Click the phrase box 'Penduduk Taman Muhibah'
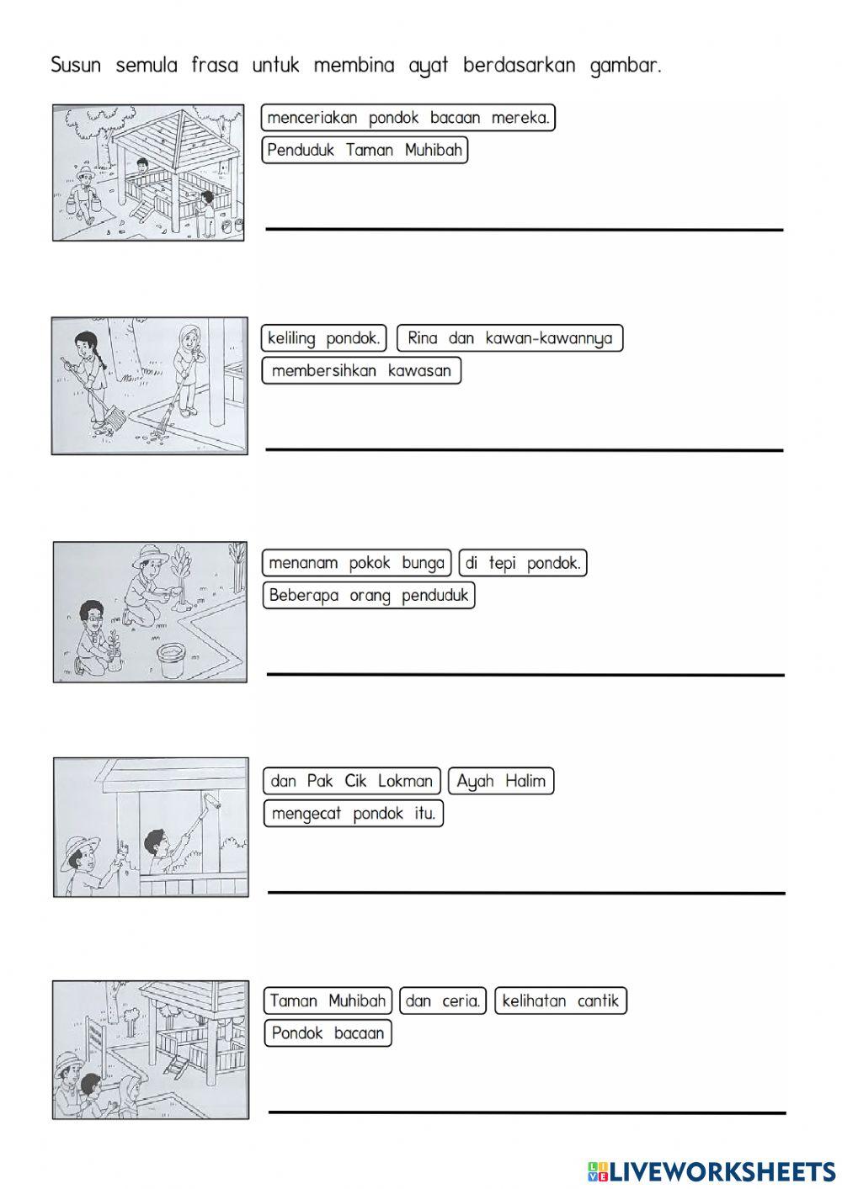point(365,151)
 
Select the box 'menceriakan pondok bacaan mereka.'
point(408,117)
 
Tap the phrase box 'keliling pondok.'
point(324,338)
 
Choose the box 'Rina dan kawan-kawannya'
point(510,338)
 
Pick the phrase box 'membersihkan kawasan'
point(361,370)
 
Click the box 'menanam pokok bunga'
point(356,563)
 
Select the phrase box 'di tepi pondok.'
point(523,563)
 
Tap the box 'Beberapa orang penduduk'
point(369,595)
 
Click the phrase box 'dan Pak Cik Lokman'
point(352,781)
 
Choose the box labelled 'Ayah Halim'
point(501,781)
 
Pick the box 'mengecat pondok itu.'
point(354,813)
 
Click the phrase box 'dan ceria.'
point(443,1001)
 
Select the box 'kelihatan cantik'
point(561,1001)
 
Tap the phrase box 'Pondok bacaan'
point(328,1033)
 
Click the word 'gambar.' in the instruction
point(626,66)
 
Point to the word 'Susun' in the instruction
point(76,66)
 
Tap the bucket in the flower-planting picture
point(171,661)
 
